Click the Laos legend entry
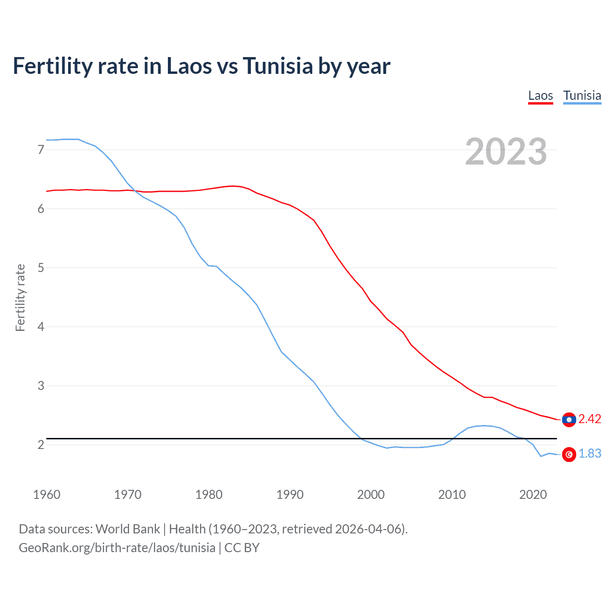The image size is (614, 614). point(541,95)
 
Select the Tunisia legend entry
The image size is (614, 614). point(582,95)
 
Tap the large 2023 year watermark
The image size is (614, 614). point(506,152)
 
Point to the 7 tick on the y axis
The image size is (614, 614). point(41,150)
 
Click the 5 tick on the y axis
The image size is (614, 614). point(41,268)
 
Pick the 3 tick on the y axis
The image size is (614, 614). point(41,386)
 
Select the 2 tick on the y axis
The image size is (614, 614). point(41,445)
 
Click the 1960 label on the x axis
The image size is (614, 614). point(47,495)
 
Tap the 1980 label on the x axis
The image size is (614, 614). point(209,495)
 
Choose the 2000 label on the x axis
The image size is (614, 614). point(371,495)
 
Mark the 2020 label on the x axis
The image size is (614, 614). point(533,495)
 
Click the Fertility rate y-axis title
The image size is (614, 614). point(20,297)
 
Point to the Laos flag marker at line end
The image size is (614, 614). point(569,419)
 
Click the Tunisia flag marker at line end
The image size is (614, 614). point(569,454)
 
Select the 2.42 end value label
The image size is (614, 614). point(590,419)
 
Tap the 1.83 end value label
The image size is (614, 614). point(590,454)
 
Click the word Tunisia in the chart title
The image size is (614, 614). point(278,66)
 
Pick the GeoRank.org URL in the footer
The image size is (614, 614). point(117,548)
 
